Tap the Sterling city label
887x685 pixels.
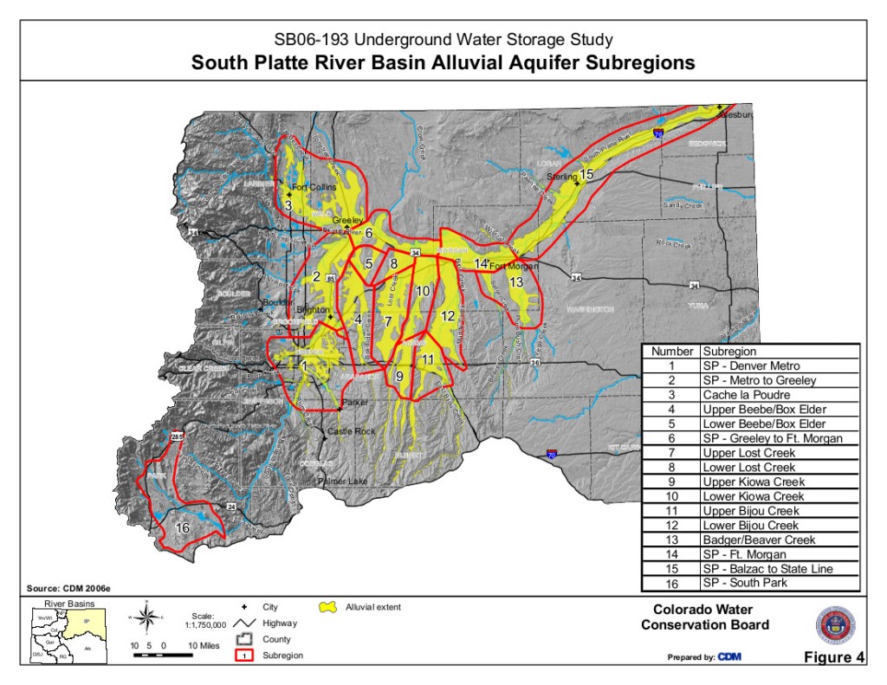562,177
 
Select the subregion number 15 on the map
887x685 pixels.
586,175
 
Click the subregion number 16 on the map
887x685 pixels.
183,527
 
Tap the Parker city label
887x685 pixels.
355,403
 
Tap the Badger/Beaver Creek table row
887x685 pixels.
750,540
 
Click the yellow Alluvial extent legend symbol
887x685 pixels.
329,608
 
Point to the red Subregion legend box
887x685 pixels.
244,655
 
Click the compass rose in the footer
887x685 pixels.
147,619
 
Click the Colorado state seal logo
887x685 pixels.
834,624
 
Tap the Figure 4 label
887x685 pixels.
833,657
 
